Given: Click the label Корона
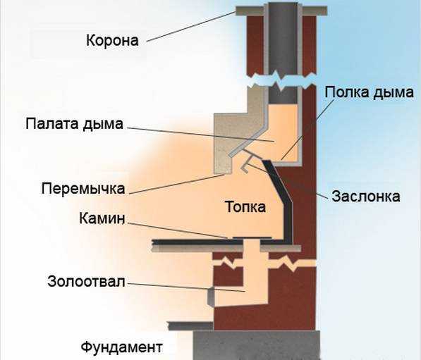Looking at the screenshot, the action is (x=112, y=40).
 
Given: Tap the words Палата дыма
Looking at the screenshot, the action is (x=74, y=124).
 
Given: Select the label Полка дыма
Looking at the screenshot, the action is (x=370, y=92).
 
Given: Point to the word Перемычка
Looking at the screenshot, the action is (x=83, y=188).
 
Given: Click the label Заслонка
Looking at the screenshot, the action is (x=366, y=196).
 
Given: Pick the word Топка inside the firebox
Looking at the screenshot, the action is (x=245, y=207).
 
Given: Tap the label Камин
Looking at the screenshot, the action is (x=102, y=218).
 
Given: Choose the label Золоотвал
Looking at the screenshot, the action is (x=86, y=282).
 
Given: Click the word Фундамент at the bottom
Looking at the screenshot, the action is (x=121, y=347).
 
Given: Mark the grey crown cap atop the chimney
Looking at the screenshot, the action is (x=281, y=11).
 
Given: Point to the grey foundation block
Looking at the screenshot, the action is (x=257, y=345).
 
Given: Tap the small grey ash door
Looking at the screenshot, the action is (x=212, y=296).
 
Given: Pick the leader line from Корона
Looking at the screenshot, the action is (x=191, y=27).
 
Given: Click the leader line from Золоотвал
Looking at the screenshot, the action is (x=186, y=287).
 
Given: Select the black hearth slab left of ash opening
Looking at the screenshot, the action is (x=197, y=242).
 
